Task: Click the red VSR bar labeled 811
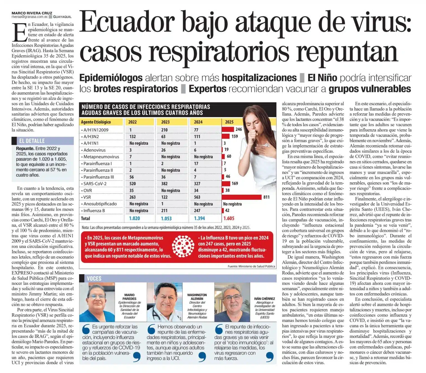242,197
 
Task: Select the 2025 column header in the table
229,122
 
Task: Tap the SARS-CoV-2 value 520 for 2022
133,184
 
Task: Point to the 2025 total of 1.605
229,218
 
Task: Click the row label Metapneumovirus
101,157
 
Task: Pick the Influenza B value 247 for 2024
197,210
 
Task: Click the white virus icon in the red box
183,247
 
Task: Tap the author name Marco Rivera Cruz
32,13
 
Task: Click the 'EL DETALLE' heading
32,141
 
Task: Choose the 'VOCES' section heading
94,278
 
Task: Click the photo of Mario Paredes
97,302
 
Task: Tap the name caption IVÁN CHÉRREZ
265,299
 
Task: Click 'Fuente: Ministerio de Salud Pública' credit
251,266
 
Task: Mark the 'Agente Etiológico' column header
96,122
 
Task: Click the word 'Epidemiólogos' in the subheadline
111,78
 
